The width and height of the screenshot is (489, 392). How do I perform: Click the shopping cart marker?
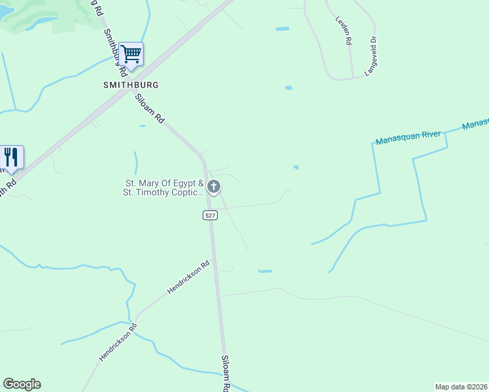point(131,54)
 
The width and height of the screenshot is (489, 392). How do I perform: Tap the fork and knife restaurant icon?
point(11,157)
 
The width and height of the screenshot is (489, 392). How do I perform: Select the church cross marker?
point(213,187)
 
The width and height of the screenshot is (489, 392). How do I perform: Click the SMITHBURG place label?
point(131,85)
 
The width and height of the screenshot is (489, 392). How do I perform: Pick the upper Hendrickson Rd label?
point(188,277)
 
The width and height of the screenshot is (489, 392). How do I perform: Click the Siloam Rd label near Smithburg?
point(150,108)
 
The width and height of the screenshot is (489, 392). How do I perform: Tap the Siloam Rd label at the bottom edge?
point(226,373)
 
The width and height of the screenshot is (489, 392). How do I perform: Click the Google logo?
point(22,384)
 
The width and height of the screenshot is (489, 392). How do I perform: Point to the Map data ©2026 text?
point(461,386)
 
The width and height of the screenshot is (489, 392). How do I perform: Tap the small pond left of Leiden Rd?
point(282,29)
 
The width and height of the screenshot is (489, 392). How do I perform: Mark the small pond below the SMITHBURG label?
point(142,126)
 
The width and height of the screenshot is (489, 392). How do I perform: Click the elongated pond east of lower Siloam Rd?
point(265,270)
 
